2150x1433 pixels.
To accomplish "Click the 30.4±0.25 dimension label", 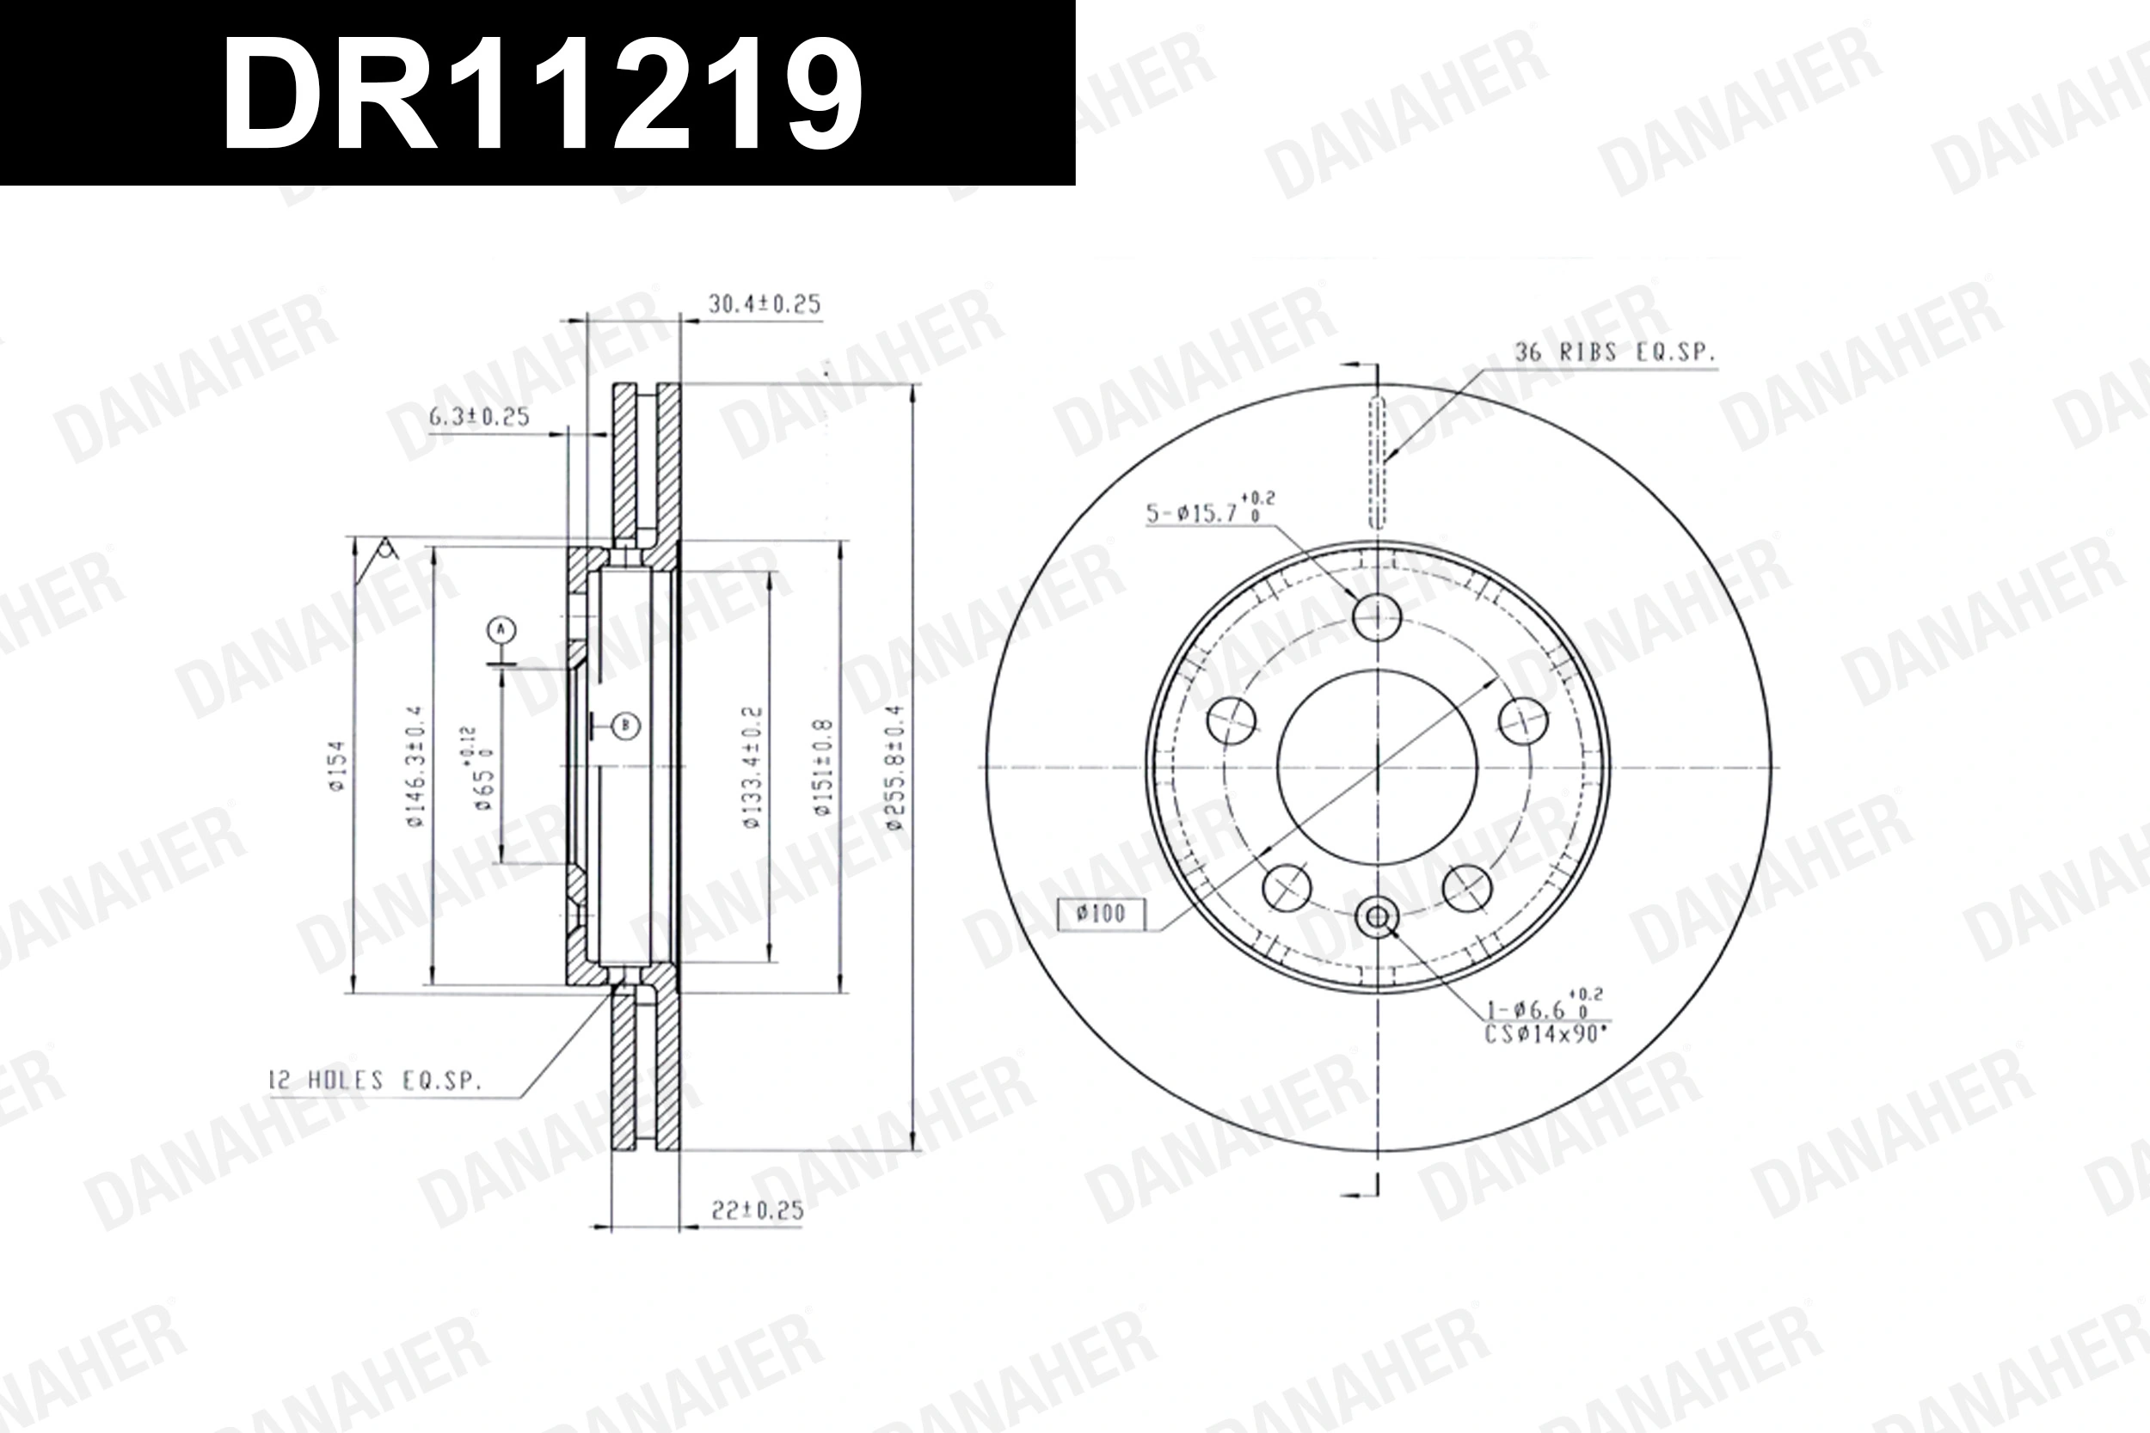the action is point(765,304).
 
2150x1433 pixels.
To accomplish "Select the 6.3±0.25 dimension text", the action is point(479,418).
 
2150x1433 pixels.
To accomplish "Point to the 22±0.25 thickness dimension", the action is point(757,1212).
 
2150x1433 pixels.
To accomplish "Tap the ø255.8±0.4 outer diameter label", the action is point(895,768).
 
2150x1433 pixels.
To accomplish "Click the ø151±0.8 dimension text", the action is point(823,768).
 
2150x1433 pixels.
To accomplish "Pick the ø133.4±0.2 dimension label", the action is point(752,768).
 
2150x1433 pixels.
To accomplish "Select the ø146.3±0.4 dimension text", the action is point(415,768).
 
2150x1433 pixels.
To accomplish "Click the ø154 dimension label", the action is point(337,766).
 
